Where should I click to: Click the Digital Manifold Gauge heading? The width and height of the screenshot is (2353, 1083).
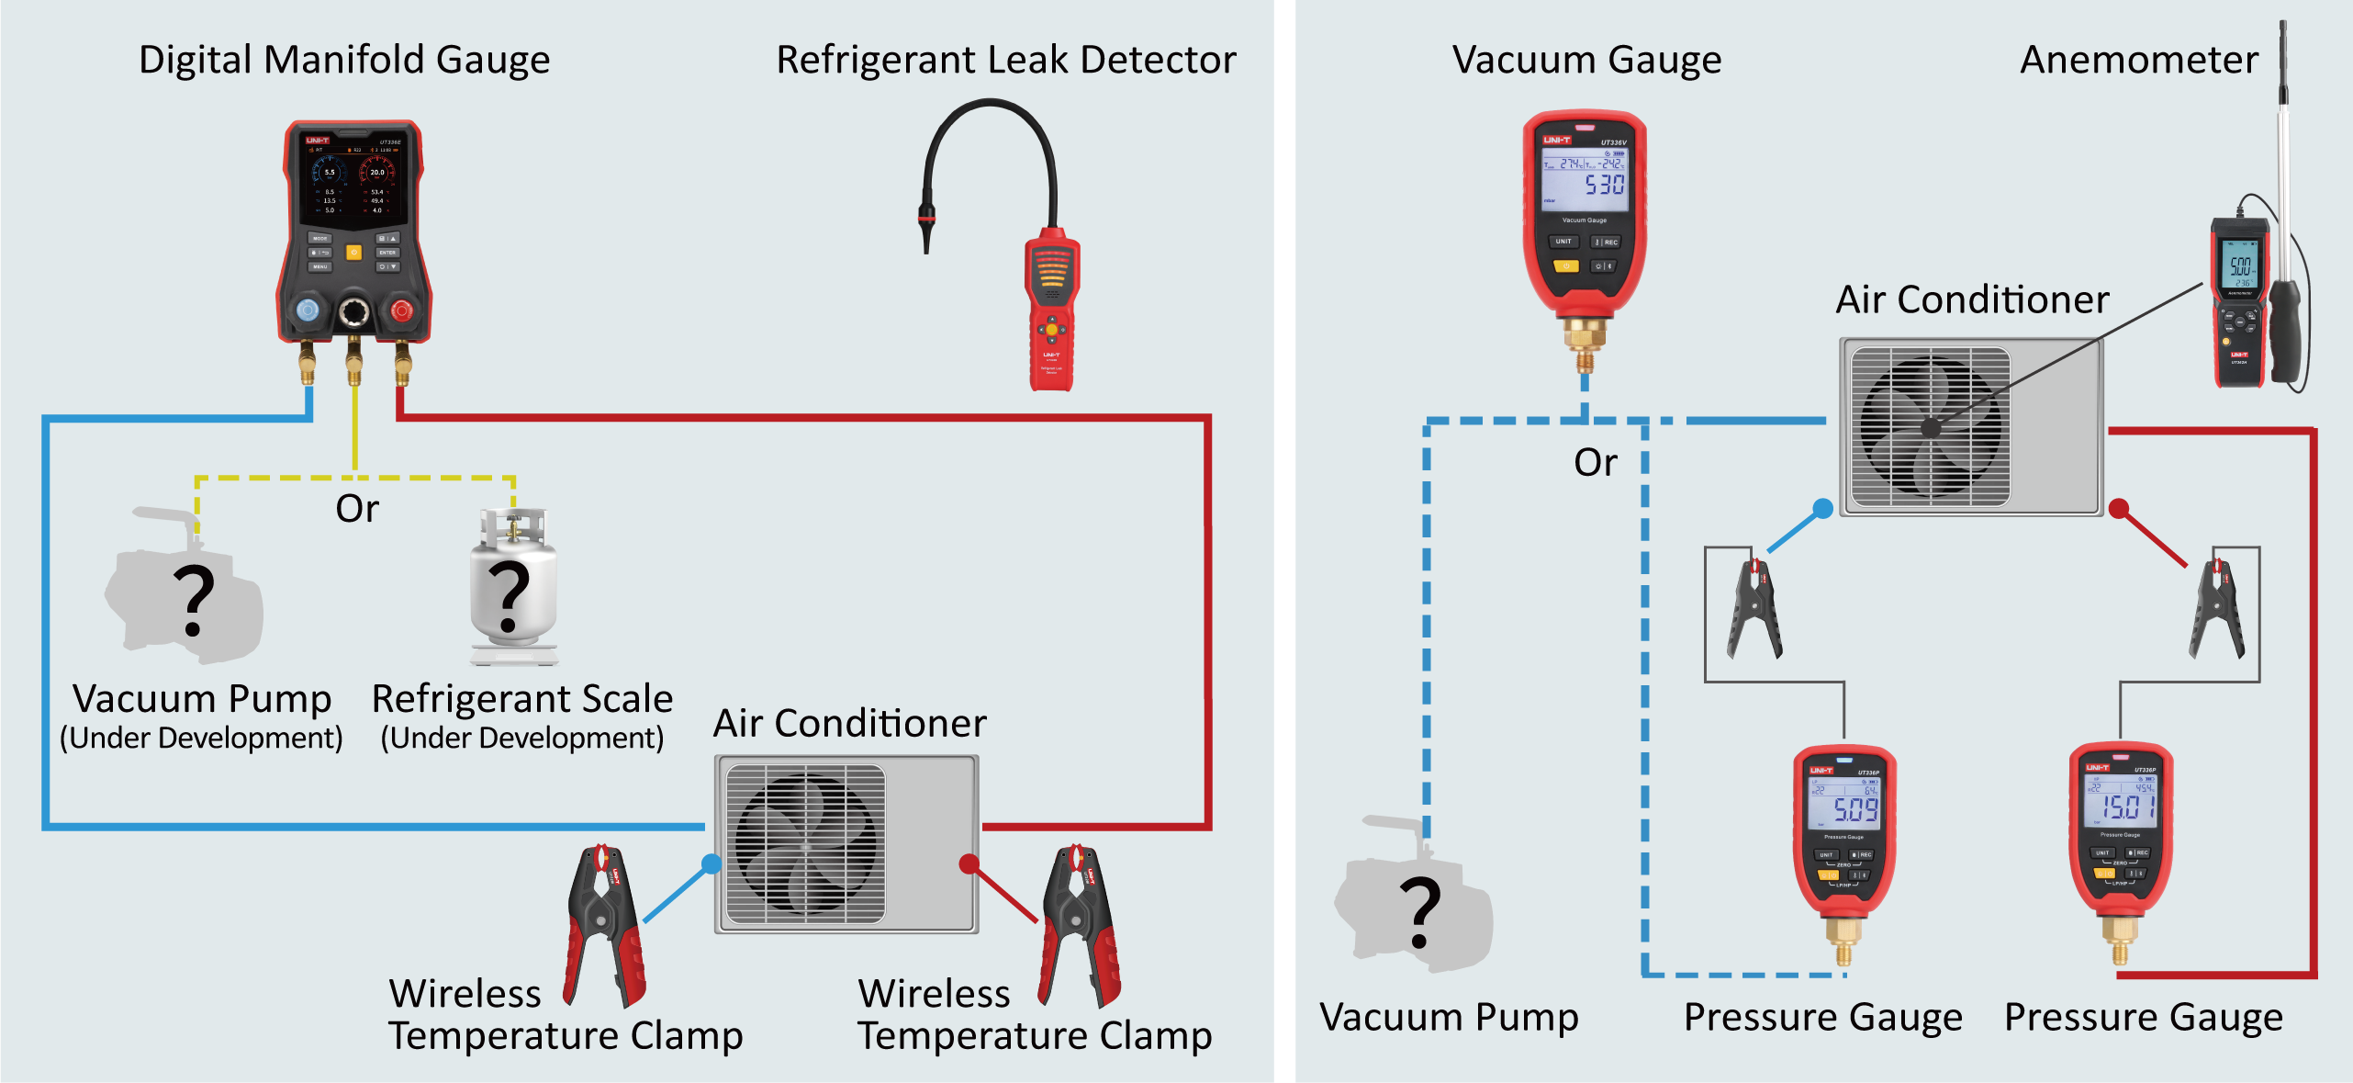tap(344, 60)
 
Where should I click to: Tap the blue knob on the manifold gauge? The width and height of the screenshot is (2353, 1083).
tap(308, 310)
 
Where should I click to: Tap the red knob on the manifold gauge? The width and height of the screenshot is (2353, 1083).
tap(401, 310)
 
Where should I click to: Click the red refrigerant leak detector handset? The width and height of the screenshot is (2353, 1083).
tap(1052, 312)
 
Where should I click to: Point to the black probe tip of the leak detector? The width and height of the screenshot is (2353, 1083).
tap(926, 234)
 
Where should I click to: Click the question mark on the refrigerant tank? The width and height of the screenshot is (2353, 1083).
tap(510, 597)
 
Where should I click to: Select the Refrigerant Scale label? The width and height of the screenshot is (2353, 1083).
tap(521, 699)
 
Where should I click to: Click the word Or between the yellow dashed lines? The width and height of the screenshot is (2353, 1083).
tap(357, 509)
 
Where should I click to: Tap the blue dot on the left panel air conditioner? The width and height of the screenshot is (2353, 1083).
tap(711, 863)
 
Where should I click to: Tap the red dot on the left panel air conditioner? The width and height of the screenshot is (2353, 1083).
tap(968, 863)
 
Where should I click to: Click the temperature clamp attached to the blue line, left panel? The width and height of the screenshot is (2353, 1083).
tap(606, 923)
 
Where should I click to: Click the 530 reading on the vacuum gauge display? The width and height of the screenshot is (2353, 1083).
tap(1604, 185)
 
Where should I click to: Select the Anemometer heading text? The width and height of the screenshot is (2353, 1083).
tap(2138, 60)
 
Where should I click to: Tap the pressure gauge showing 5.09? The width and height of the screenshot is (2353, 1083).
tap(1844, 827)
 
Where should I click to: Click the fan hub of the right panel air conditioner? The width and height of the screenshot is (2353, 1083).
tap(1930, 427)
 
